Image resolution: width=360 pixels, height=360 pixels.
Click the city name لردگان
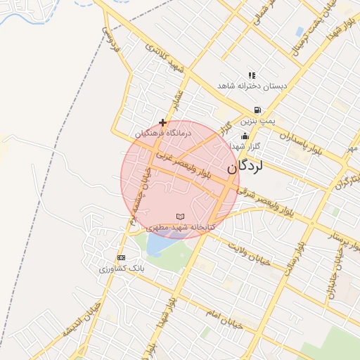point(246,167)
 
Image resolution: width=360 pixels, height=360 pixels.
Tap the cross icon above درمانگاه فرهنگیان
point(163,122)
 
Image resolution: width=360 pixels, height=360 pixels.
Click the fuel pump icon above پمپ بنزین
point(257,110)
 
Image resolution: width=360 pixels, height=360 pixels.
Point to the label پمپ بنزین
point(257,121)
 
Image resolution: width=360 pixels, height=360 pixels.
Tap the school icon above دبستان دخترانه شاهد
point(252,75)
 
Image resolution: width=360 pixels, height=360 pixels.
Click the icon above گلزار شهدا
point(245,136)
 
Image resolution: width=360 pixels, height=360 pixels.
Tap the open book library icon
point(180,216)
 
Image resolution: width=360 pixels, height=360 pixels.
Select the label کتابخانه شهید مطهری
point(179,227)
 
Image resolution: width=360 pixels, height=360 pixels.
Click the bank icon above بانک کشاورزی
point(121,257)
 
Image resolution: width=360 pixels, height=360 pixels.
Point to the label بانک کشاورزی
point(121,269)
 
